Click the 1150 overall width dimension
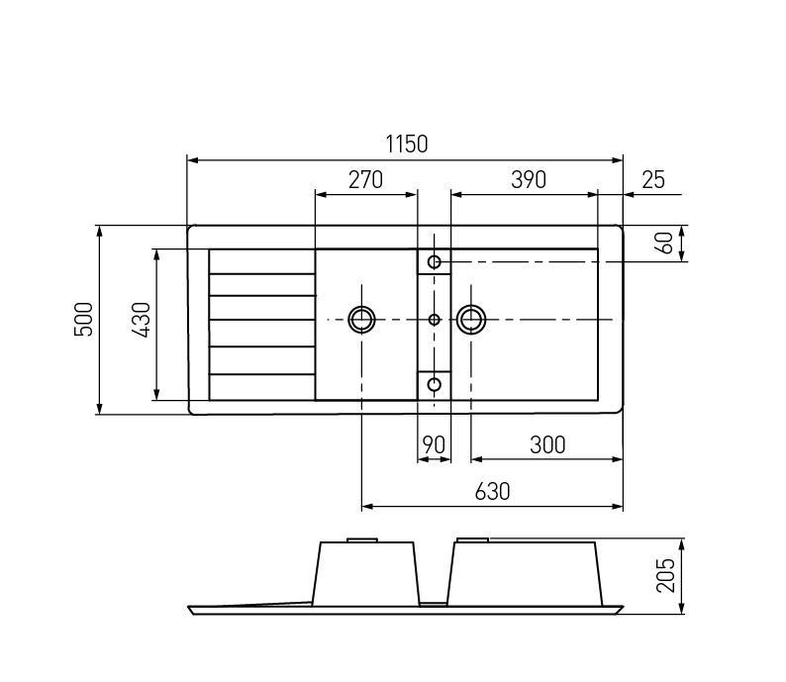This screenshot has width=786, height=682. (x=407, y=145)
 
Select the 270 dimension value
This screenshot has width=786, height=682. (x=365, y=180)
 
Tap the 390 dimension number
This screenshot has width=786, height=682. (x=529, y=180)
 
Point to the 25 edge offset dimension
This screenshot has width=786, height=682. (x=653, y=180)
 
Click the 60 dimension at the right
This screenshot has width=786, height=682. (x=665, y=244)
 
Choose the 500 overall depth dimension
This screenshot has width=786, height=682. (x=84, y=319)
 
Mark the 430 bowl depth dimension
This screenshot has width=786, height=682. (x=142, y=320)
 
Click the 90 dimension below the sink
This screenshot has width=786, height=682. (x=434, y=444)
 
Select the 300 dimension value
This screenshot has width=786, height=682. (x=547, y=444)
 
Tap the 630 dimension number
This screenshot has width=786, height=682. (x=492, y=492)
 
